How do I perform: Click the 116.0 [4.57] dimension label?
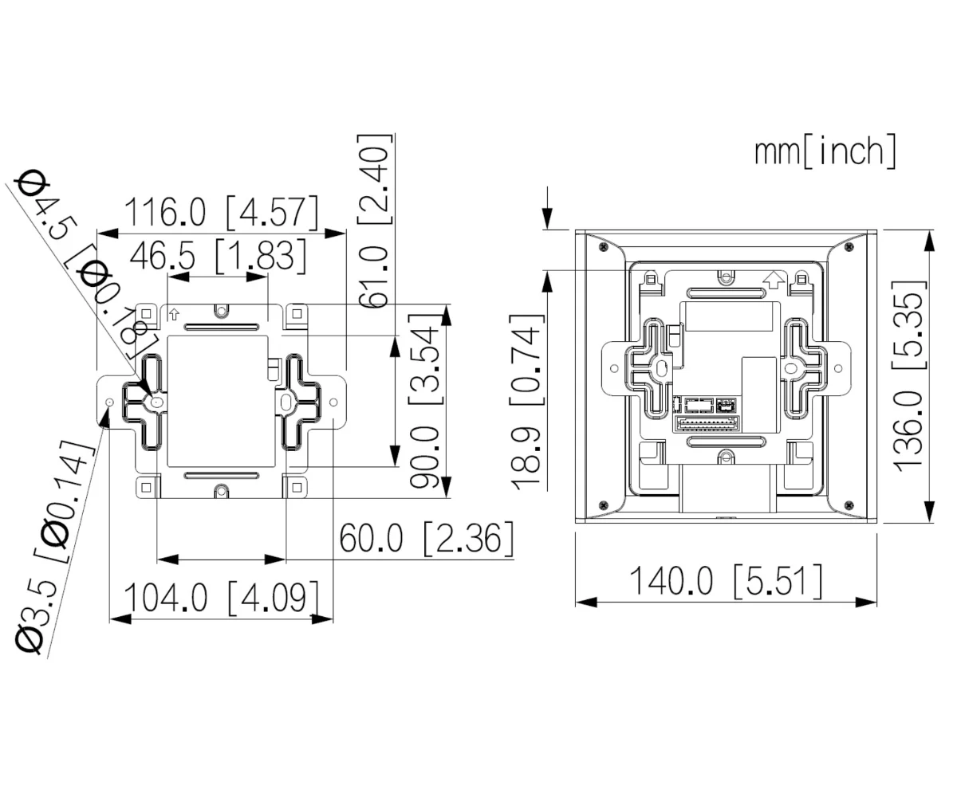click(220, 212)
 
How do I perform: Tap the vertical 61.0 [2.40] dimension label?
click(374, 221)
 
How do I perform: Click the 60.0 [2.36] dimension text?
click(426, 540)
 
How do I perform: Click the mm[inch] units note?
click(825, 151)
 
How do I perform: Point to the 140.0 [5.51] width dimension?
click(726, 581)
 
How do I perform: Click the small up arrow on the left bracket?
click(174, 314)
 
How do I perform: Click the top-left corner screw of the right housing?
click(603, 247)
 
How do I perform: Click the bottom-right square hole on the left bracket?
click(297, 486)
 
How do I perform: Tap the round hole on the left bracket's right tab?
click(333, 402)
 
